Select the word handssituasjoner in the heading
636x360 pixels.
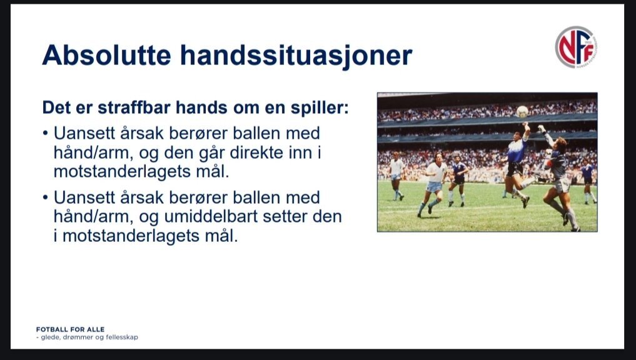click(x=296, y=56)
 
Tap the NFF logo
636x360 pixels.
click(x=575, y=47)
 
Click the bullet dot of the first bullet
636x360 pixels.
click(x=46, y=133)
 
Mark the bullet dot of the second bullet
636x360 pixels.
click(x=46, y=197)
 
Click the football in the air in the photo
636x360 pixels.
click(x=522, y=111)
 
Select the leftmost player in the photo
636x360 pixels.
click(x=396, y=176)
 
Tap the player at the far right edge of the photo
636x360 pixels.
click(x=588, y=181)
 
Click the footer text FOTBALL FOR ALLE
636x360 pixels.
click(x=70, y=329)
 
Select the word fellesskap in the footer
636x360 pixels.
click(x=122, y=337)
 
